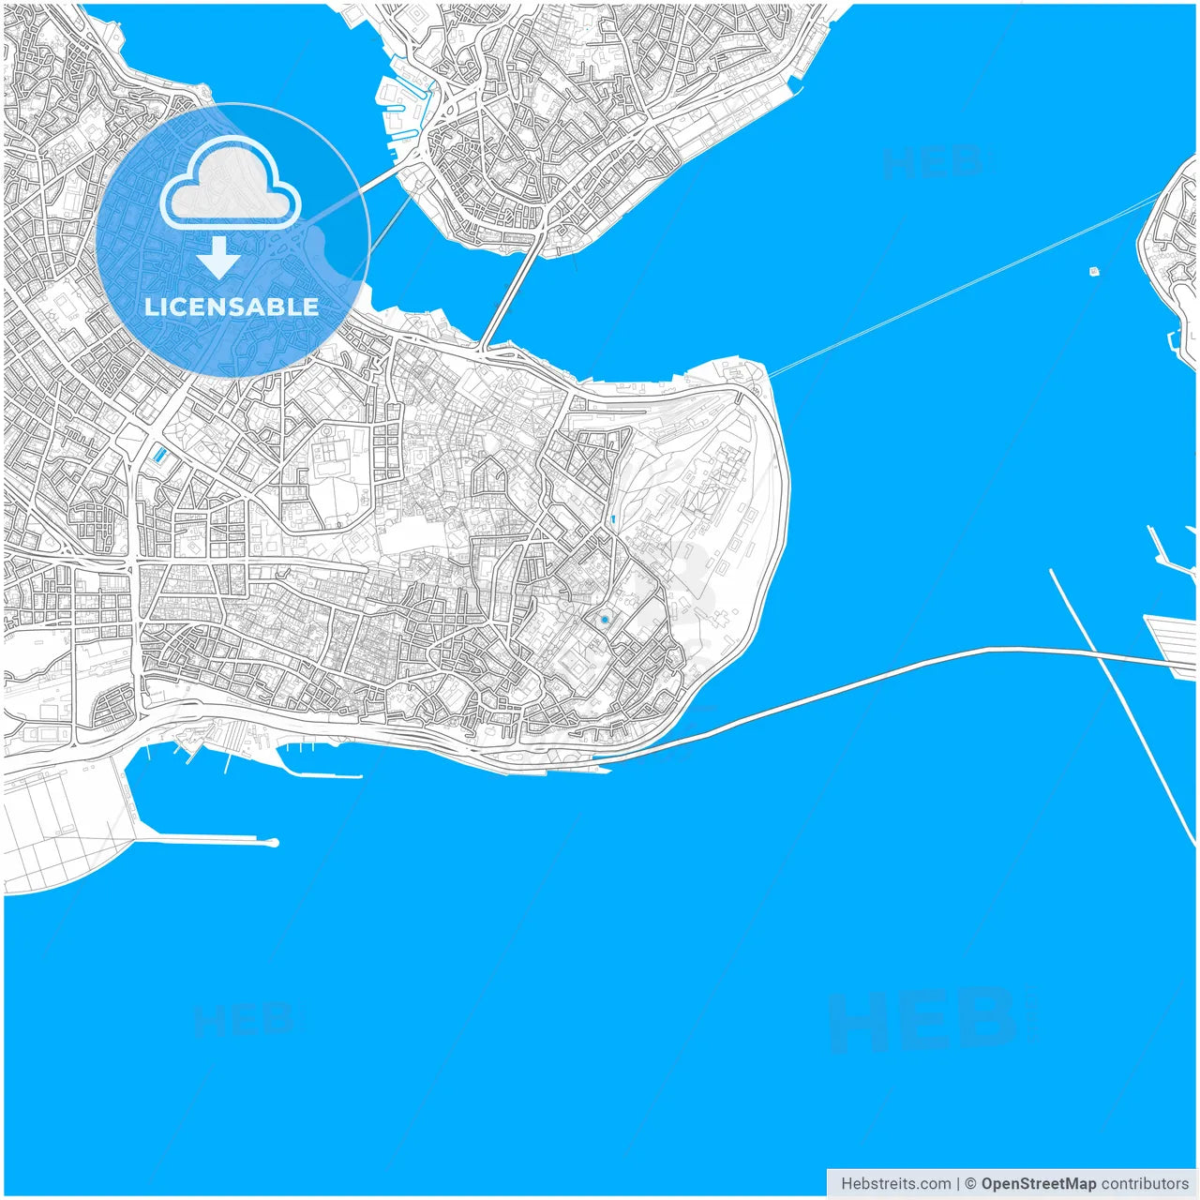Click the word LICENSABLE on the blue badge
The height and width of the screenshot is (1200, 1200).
coord(232,307)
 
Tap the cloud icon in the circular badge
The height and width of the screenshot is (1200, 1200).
coord(230,186)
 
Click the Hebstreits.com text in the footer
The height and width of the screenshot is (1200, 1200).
coord(895,1184)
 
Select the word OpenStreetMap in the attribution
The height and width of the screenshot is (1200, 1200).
coord(1038,1184)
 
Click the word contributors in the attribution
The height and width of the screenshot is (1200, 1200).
coord(1144,1184)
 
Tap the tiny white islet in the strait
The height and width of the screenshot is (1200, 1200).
coord(1094,272)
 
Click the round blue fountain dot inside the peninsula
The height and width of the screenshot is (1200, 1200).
coord(605,620)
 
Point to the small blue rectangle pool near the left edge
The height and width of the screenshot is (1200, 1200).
coord(159,456)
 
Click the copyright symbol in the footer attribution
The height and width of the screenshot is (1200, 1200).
coord(970,1184)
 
